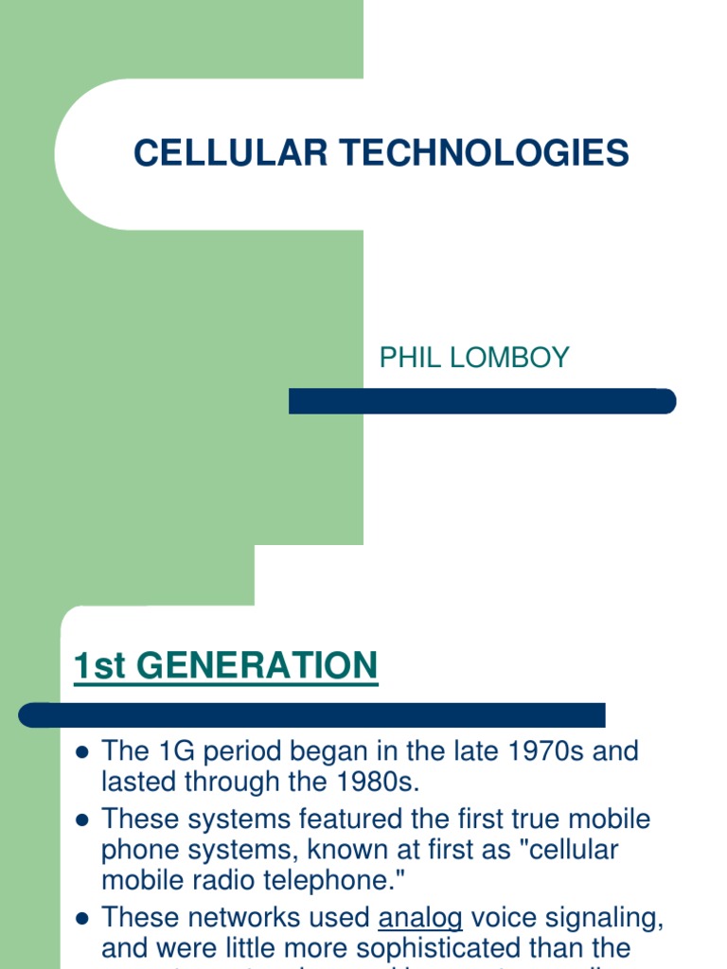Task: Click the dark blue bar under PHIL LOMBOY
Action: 482,401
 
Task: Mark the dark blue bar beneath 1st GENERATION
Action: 312,714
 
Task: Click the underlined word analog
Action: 420,917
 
